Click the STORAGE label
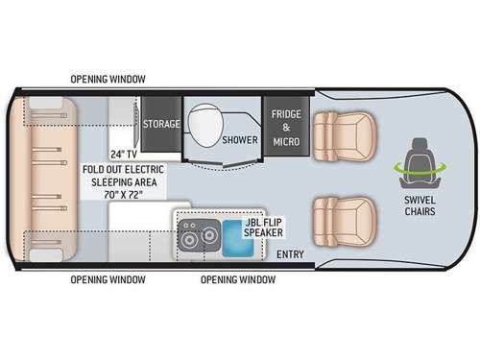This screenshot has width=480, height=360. (x=161, y=124)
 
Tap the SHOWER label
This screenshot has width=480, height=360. (x=239, y=139)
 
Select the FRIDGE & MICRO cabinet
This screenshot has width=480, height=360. (x=285, y=127)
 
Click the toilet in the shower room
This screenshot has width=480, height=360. (x=205, y=125)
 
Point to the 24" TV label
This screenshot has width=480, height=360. (x=122, y=154)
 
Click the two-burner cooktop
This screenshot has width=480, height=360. (x=195, y=234)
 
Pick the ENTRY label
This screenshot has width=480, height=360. (x=291, y=254)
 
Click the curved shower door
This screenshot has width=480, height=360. (x=226, y=163)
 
